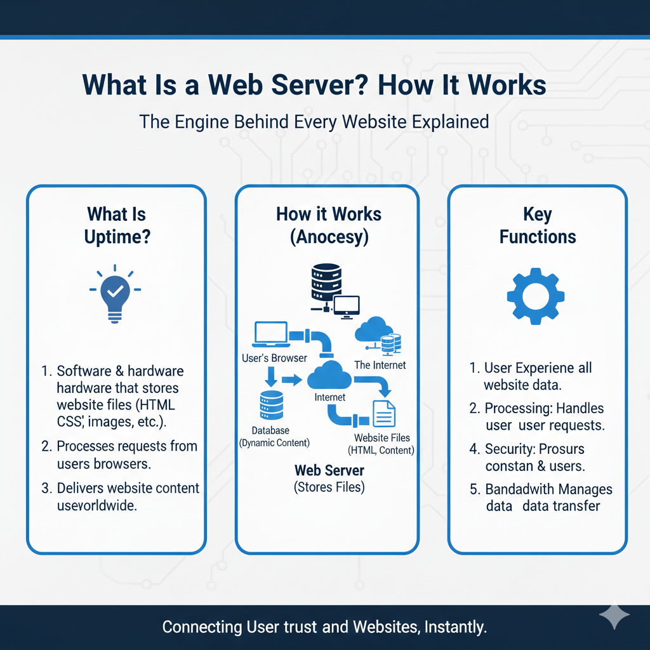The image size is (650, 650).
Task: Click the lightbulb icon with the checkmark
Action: (x=116, y=293)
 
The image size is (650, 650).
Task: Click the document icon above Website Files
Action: (x=384, y=413)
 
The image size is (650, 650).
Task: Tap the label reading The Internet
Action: (x=380, y=365)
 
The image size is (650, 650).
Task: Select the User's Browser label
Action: (x=274, y=358)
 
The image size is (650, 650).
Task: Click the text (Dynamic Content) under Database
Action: (x=274, y=443)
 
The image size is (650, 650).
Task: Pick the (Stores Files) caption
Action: (x=329, y=487)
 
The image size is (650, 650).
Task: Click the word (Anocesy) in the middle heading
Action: (x=329, y=237)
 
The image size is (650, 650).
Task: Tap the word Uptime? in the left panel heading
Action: (x=116, y=237)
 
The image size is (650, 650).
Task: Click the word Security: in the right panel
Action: (x=510, y=449)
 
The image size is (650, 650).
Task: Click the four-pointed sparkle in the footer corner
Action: (x=614, y=616)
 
